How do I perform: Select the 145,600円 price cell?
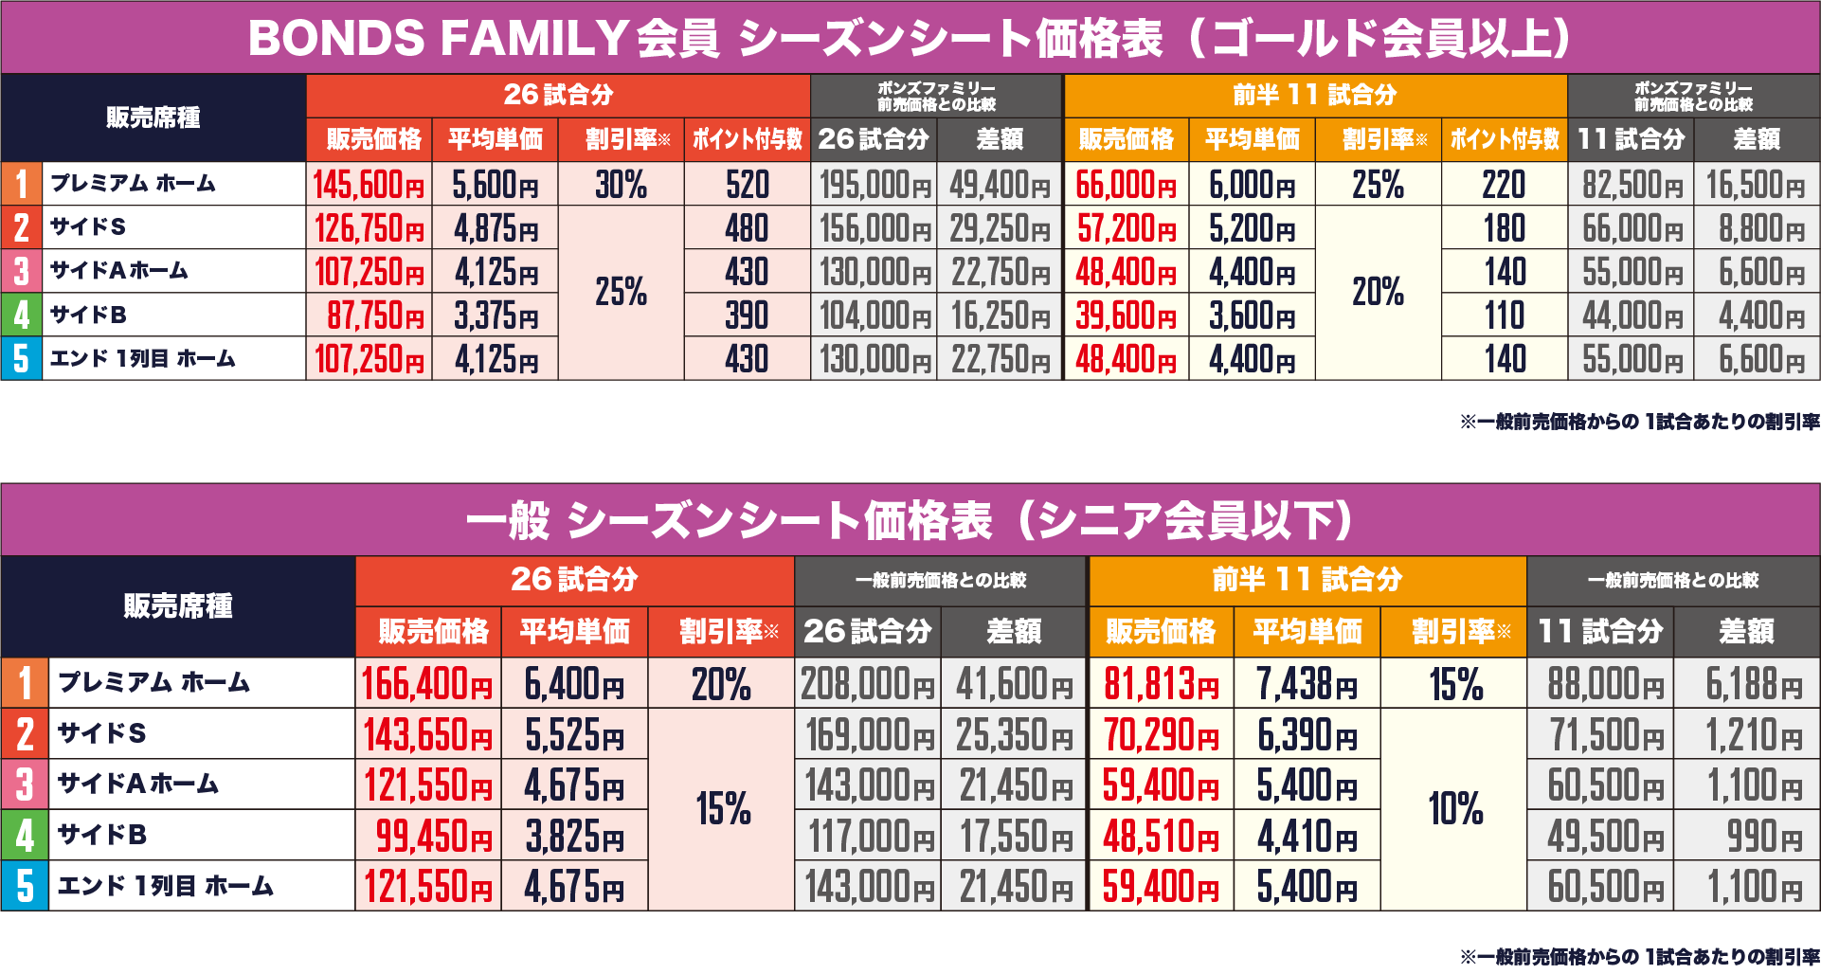[369, 185]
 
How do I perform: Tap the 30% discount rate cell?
[621, 185]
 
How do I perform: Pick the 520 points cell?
[747, 185]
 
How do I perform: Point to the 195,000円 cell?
[874, 185]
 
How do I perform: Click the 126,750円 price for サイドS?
[369, 228]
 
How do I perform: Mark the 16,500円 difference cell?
[1756, 185]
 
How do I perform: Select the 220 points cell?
[1504, 185]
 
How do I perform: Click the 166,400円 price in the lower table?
[427, 684]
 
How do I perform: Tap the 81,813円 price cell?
[1161, 684]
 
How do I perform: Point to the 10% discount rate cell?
[1454, 809]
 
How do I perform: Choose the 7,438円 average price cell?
[1307, 684]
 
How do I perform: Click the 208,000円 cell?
[867, 684]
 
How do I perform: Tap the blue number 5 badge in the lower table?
[25, 886]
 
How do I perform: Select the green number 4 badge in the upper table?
[21, 316]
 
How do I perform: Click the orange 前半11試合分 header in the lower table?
[1307, 580]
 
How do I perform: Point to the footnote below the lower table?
[1639, 957]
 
